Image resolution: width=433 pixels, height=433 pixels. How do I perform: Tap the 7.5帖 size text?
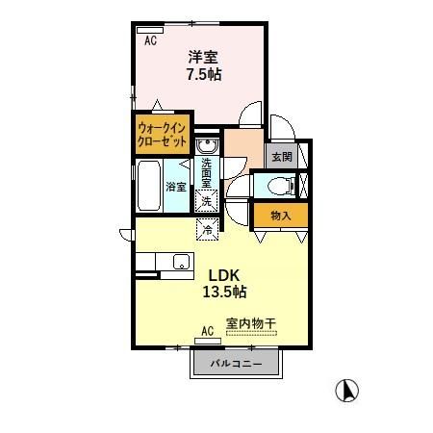pyautogui.click(x=203, y=74)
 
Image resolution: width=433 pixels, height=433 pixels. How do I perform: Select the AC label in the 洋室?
pyautogui.click(x=151, y=40)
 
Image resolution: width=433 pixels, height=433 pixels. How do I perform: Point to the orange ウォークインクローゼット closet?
pyautogui.click(x=163, y=132)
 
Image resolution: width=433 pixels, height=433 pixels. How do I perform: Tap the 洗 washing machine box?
pyautogui.click(x=207, y=201)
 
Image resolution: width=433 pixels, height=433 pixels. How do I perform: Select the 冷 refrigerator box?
pyautogui.click(x=207, y=229)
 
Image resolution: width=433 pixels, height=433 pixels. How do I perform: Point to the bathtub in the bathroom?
pyautogui.click(x=149, y=187)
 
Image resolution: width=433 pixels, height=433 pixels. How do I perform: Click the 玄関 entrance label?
pyautogui.click(x=280, y=156)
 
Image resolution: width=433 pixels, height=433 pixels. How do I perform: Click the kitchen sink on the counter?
pyautogui.click(x=178, y=261)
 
